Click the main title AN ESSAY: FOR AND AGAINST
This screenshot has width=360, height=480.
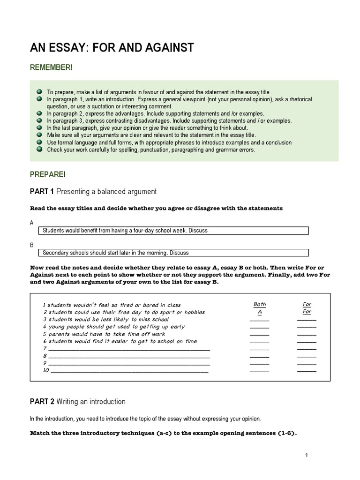click(x=112, y=48)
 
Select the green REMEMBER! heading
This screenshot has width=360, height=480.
click(x=51, y=68)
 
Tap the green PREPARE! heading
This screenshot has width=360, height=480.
click(x=48, y=174)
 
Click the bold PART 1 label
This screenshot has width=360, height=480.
click(x=42, y=191)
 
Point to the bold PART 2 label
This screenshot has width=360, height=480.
click(x=42, y=401)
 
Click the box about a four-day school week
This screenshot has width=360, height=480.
click(x=173, y=231)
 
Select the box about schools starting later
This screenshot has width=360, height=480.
click(x=173, y=253)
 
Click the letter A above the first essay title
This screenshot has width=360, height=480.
click(x=32, y=223)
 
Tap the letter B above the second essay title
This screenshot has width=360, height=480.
click(x=32, y=245)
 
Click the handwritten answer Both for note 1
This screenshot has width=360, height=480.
click(x=259, y=304)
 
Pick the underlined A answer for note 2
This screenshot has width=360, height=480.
click(x=259, y=312)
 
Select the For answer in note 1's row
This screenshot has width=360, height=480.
click(x=307, y=304)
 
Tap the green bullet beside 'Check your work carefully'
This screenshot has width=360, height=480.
click(x=38, y=150)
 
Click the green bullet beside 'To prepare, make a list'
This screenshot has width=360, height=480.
click(x=38, y=92)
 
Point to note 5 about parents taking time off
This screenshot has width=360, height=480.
click(x=104, y=334)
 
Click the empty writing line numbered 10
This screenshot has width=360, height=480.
click(x=129, y=370)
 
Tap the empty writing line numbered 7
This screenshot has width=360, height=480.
click(x=129, y=349)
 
